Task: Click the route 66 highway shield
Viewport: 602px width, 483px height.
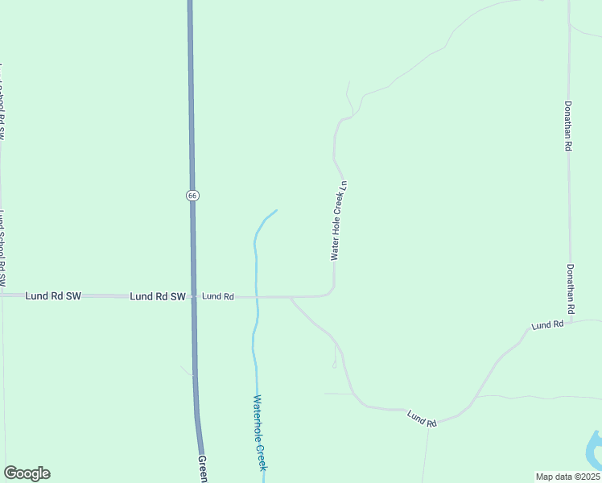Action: click(x=192, y=196)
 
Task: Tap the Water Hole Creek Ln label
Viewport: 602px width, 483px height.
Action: click(x=339, y=220)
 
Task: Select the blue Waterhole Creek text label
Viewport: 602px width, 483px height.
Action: click(x=258, y=432)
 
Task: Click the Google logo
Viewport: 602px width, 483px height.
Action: click(x=27, y=473)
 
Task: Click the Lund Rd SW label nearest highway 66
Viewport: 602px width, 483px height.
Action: click(x=158, y=296)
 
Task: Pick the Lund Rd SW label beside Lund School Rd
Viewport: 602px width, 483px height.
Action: click(x=53, y=295)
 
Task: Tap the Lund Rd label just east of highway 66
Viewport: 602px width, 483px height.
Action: click(x=217, y=296)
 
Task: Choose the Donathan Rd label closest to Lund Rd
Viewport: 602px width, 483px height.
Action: click(x=571, y=288)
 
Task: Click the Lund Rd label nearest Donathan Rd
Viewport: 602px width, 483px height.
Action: click(x=547, y=324)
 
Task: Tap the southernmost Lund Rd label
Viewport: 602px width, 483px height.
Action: click(x=421, y=418)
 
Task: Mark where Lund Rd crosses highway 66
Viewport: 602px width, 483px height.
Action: click(x=193, y=296)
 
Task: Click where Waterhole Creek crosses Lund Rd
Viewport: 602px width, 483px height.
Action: click(x=257, y=296)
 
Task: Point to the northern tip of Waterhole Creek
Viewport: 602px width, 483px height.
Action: click(x=276, y=211)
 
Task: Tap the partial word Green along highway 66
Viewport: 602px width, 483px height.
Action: click(x=203, y=469)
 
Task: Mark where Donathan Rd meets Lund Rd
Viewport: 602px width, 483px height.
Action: click(x=570, y=322)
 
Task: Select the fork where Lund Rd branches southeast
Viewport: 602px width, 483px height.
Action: click(x=291, y=297)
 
